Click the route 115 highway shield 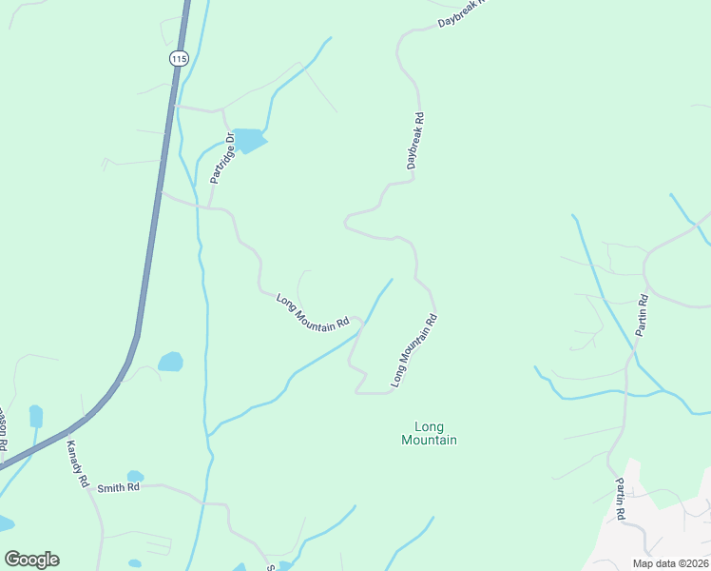click(179, 59)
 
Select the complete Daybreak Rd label click(414, 142)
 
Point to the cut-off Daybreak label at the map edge click(461, 12)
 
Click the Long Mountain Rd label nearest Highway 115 click(313, 312)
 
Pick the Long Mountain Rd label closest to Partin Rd click(413, 351)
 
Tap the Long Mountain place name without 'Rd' click(429, 433)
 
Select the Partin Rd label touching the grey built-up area click(620, 499)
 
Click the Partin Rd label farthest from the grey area click(643, 314)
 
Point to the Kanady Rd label click(77, 463)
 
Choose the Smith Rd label click(119, 487)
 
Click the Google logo click(31, 560)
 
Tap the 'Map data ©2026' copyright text click(669, 563)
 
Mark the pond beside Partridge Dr click(248, 141)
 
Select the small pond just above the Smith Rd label click(135, 476)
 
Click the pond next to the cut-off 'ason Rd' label click(36, 416)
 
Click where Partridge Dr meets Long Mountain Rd click(209, 206)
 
